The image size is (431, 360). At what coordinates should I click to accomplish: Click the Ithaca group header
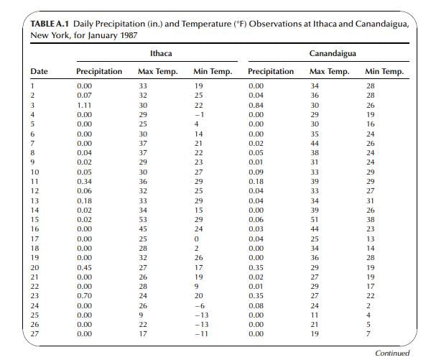click(x=161, y=53)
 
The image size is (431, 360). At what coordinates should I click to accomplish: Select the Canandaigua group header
click(x=333, y=53)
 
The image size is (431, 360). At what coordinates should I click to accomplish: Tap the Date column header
click(x=39, y=71)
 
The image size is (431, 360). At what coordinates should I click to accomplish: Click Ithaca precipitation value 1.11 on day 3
click(x=84, y=106)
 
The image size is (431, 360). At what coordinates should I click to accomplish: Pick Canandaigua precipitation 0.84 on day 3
click(x=256, y=106)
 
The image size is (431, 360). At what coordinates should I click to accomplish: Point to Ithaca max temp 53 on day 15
click(x=143, y=220)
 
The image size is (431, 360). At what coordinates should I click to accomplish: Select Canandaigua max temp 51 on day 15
click(x=315, y=220)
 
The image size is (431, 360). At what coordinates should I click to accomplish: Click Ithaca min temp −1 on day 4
click(x=200, y=115)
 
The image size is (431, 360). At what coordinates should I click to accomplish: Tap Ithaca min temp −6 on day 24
click(x=200, y=306)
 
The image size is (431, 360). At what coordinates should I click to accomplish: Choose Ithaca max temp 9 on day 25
click(x=141, y=315)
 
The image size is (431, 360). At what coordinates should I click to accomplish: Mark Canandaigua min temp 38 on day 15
click(x=370, y=220)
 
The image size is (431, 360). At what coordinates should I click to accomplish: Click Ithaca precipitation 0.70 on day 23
click(x=84, y=296)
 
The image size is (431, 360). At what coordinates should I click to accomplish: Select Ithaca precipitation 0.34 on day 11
click(x=84, y=182)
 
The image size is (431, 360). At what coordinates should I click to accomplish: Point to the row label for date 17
click(x=34, y=239)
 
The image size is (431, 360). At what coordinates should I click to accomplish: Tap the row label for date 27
click(x=34, y=334)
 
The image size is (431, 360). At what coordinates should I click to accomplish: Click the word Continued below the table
click(x=392, y=353)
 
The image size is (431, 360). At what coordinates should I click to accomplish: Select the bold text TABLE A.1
click(x=50, y=24)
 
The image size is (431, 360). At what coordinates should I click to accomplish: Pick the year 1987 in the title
click(x=129, y=35)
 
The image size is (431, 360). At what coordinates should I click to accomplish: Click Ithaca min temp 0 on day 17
click(x=197, y=239)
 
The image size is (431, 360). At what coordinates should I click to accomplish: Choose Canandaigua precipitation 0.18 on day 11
click(x=256, y=182)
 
